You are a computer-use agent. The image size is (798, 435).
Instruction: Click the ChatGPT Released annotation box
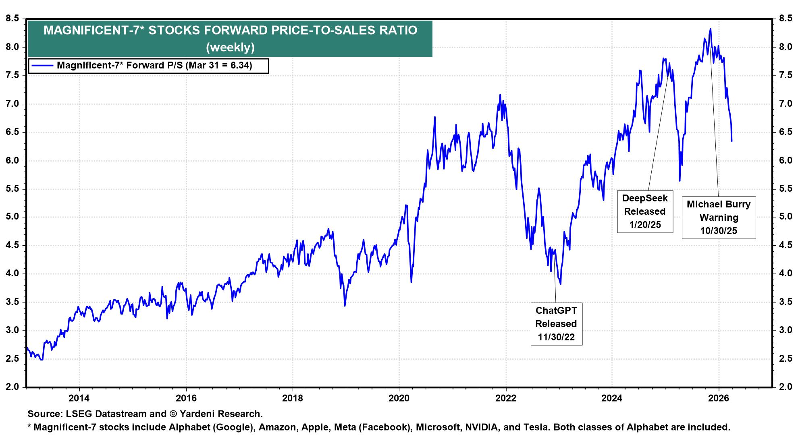pyautogui.click(x=556, y=323)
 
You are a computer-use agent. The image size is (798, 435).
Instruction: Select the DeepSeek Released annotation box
pyautogui.click(x=645, y=211)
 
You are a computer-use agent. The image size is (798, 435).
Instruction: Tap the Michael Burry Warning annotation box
pyautogui.click(x=719, y=217)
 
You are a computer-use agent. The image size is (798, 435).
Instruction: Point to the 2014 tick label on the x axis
pyautogui.click(x=79, y=398)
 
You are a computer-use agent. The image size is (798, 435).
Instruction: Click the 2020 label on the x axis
pyautogui.click(x=399, y=398)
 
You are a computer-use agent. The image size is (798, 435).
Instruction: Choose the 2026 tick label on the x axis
pyautogui.click(x=719, y=398)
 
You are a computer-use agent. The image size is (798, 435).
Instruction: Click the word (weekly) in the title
pyautogui.click(x=230, y=48)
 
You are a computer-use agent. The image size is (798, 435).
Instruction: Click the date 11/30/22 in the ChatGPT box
pyautogui.click(x=556, y=337)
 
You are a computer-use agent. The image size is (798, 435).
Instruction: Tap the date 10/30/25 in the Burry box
pyautogui.click(x=719, y=231)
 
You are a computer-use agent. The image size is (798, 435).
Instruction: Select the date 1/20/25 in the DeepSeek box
pyautogui.click(x=645, y=225)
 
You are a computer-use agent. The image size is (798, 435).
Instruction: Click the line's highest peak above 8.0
pyautogui.click(x=710, y=29)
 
